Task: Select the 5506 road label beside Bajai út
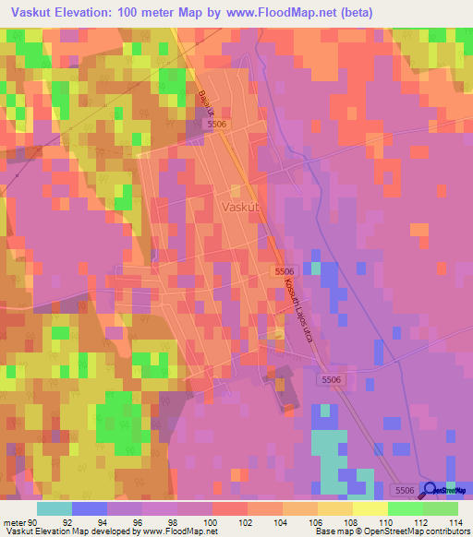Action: pyautogui.click(x=217, y=123)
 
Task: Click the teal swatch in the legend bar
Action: pyautogui.click(x=55, y=507)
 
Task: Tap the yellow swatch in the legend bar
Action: pyautogui.click(x=370, y=507)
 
